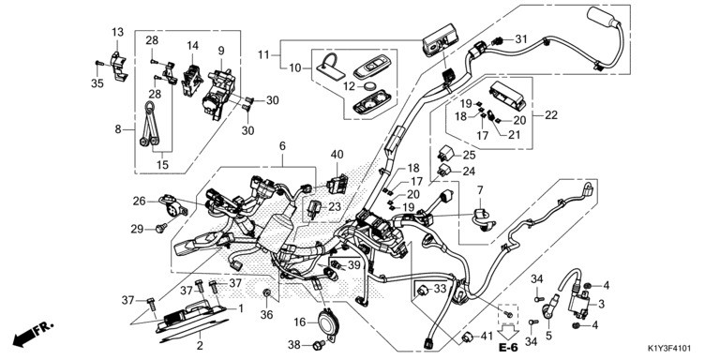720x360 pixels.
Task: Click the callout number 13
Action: pos(117,32)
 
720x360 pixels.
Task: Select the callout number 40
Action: pos(337,155)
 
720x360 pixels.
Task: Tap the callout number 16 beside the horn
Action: pos(299,322)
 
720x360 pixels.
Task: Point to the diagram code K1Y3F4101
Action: pos(669,350)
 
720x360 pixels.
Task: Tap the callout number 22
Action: pos(551,114)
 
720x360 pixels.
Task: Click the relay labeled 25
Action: pos(445,152)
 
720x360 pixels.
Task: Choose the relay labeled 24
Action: pos(445,171)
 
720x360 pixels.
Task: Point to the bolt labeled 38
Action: pos(319,344)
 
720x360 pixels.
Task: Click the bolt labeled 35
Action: pos(97,64)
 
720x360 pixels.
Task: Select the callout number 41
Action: pos(486,337)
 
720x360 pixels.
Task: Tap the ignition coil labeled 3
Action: pos(578,301)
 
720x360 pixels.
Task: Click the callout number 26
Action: pos(139,202)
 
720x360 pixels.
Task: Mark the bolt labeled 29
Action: pos(161,227)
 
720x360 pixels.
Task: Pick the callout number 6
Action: pos(282,146)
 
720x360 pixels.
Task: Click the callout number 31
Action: pos(521,39)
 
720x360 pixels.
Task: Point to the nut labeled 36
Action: pos(266,292)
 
